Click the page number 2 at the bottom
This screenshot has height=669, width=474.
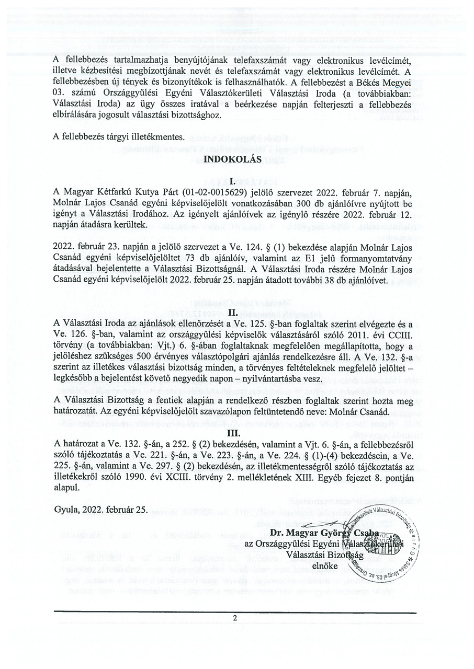[x=235, y=618]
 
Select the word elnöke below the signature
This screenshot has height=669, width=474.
[x=324, y=566]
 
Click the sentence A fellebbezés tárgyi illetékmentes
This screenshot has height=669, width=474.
[x=119, y=137]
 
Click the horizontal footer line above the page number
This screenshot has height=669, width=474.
[x=235, y=612]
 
